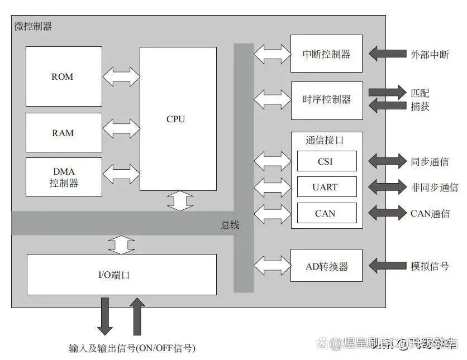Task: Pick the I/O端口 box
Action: click(x=121, y=275)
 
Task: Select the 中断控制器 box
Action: click(x=326, y=54)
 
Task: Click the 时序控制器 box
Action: click(x=326, y=100)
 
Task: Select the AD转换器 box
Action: click(x=326, y=267)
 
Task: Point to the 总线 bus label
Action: click(x=230, y=225)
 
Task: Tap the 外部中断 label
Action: click(x=430, y=54)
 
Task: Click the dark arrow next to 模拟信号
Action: click(x=387, y=266)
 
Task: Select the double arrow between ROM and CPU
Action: click(x=121, y=76)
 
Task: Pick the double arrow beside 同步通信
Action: click(x=387, y=161)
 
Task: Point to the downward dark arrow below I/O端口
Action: click(x=104, y=316)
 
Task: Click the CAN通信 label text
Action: click(x=430, y=213)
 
